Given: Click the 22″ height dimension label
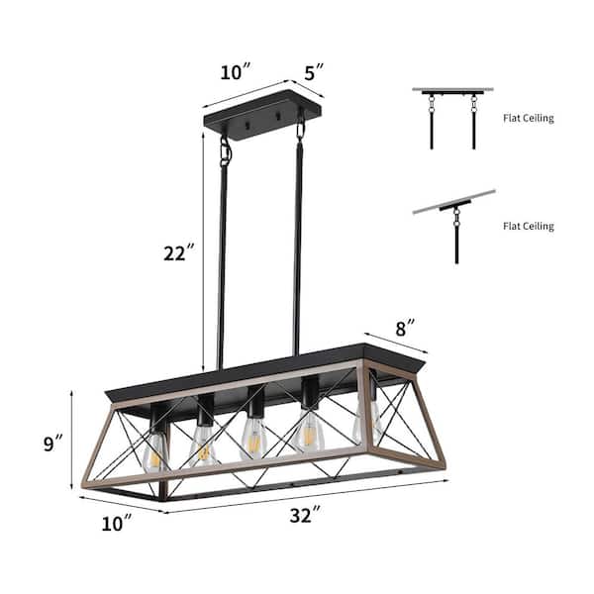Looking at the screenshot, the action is [x=179, y=253].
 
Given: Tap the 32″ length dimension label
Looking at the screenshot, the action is [x=305, y=515].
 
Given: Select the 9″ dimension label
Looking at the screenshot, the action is [x=52, y=443].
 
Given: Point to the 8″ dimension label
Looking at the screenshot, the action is [x=405, y=328].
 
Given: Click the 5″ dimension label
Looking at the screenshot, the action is [x=314, y=72].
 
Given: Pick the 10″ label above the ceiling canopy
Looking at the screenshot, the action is [x=236, y=71].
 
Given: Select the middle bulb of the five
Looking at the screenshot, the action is [x=252, y=439].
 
